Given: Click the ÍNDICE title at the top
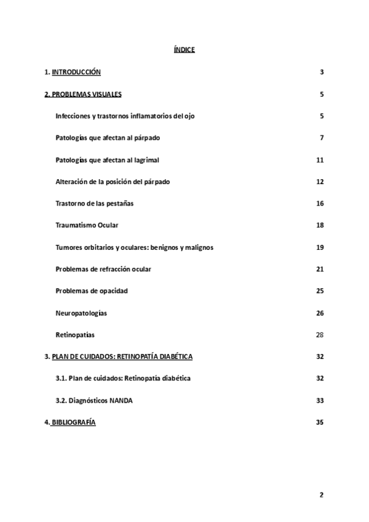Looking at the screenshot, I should click(x=184, y=49).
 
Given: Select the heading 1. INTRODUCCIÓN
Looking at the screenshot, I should click(x=73, y=73).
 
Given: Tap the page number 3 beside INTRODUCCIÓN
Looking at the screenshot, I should click(x=322, y=73).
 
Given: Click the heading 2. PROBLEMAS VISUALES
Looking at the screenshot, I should click(x=83, y=94).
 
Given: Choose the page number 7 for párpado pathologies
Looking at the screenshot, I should click(x=322, y=137).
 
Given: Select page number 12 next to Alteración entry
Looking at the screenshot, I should click(x=320, y=182).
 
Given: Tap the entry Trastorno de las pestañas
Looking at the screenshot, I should click(x=94, y=203).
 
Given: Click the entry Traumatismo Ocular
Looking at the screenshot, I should click(x=87, y=225).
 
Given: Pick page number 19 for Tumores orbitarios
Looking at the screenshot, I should click(x=320, y=247).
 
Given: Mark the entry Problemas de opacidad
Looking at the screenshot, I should click(x=92, y=291).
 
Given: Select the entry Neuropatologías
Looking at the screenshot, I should click(x=81, y=313).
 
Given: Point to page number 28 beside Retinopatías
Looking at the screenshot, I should click(x=320, y=334).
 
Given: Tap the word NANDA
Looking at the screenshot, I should click(x=121, y=400).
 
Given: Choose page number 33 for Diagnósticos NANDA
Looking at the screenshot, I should click(x=320, y=400).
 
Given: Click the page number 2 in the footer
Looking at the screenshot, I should click(x=322, y=494).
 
